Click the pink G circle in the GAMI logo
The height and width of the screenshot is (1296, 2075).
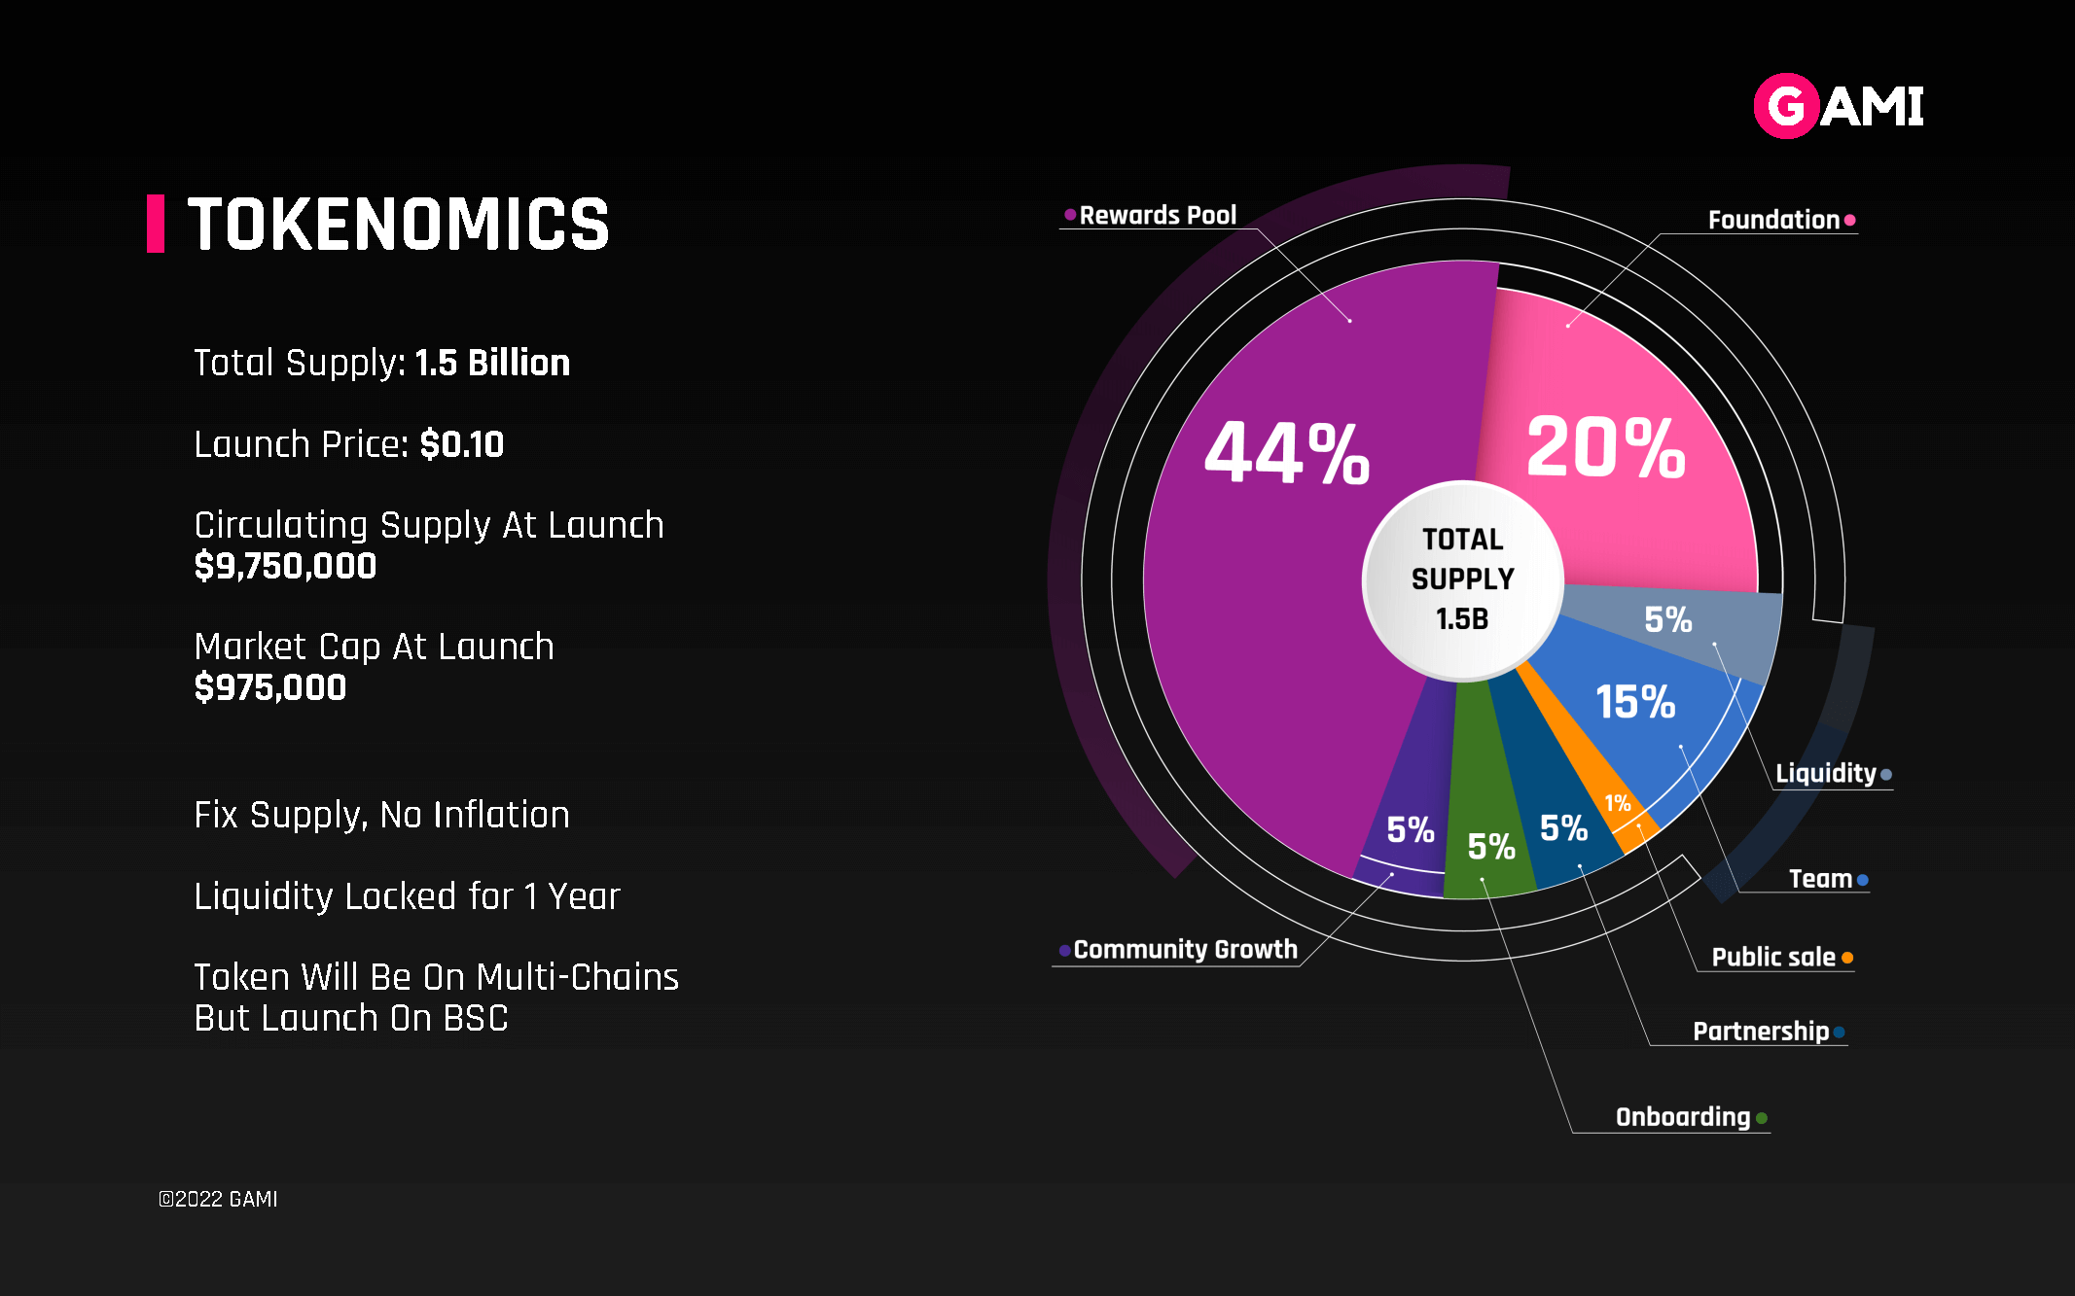[x=1786, y=106]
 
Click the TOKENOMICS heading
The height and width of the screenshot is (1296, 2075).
[x=398, y=225]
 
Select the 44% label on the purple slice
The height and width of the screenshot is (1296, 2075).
[x=1287, y=453]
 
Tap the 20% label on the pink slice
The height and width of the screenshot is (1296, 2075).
[x=1606, y=447]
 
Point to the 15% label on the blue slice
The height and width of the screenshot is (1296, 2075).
[x=1635, y=702]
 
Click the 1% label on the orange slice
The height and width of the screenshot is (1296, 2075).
[x=1618, y=803]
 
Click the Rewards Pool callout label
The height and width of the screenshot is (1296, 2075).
[x=1158, y=216]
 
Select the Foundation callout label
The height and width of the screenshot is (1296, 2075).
[x=1773, y=221]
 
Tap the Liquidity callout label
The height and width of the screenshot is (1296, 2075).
[x=1825, y=774]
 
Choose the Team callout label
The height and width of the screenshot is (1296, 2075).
[x=1820, y=879]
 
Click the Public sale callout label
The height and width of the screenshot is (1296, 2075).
[x=1773, y=958]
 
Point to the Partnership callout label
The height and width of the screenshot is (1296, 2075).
[x=1761, y=1032]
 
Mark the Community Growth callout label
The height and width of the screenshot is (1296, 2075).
[x=1185, y=950]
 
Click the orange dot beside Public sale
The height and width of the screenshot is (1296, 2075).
[x=1847, y=958]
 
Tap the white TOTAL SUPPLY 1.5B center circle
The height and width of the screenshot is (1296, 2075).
[x=1462, y=579]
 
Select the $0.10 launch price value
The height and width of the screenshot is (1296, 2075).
[x=462, y=445]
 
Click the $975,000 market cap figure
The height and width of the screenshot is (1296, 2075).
[x=270, y=687]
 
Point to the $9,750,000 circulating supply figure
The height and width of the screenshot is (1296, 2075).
[x=285, y=566]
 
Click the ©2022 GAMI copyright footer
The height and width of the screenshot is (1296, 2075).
[x=218, y=1199]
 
